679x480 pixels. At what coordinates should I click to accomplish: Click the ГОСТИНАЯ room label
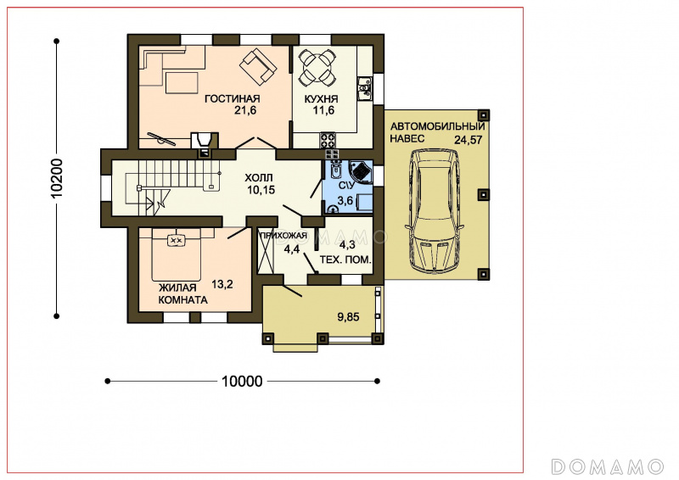(232, 99)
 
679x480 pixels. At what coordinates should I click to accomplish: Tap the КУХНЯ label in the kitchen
(322, 99)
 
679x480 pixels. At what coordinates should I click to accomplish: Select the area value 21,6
(245, 110)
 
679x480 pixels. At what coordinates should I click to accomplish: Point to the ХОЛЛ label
(259, 178)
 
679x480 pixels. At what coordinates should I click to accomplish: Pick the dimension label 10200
(57, 179)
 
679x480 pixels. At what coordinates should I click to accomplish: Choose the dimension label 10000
(242, 382)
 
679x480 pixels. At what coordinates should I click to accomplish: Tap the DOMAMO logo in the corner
(608, 467)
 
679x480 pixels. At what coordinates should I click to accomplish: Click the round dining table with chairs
(318, 67)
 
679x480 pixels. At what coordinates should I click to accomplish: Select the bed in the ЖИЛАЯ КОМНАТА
(177, 254)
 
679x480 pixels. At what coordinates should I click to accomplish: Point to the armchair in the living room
(259, 67)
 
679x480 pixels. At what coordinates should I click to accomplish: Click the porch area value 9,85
(348, 317)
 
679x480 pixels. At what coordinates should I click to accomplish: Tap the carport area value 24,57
(469, 140)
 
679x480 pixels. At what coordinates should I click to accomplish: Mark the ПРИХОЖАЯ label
(283, 236)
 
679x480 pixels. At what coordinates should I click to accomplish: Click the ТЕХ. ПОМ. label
(345, 260)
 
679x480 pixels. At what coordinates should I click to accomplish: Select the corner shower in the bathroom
(360, 172)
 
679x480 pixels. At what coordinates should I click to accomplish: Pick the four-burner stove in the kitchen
(328, 139)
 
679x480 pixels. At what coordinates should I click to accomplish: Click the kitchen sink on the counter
(364, 89)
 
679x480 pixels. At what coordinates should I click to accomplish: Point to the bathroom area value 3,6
(345, 200)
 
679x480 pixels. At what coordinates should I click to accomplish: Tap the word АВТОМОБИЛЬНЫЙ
(437, 127)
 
